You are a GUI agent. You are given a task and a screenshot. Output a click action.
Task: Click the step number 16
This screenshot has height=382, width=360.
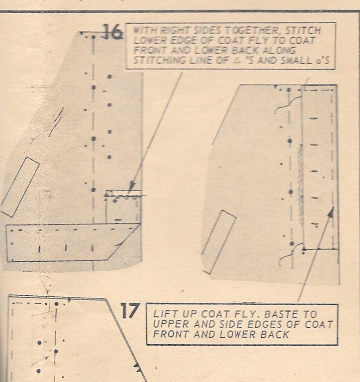coord(113,32)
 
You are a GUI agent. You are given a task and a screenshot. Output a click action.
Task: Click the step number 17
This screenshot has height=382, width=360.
coord(130,311)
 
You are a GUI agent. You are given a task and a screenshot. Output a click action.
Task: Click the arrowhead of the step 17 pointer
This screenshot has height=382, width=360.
coord(331,211)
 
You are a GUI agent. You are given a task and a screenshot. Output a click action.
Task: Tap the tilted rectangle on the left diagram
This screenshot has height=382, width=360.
coord(20,187)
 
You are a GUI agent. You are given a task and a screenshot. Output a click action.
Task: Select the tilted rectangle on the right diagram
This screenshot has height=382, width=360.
coord(218,242)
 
